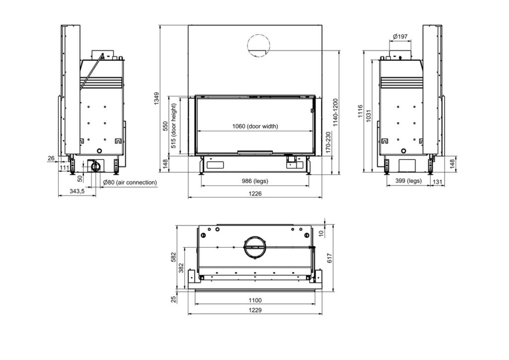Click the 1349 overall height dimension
157,98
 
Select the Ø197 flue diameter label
400,37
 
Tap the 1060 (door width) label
255,126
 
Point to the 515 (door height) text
173,126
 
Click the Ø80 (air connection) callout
130,182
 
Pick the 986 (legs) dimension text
255,181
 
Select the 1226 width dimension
255,194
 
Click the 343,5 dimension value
77,191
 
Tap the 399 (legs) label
409,180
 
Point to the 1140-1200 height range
336,112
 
